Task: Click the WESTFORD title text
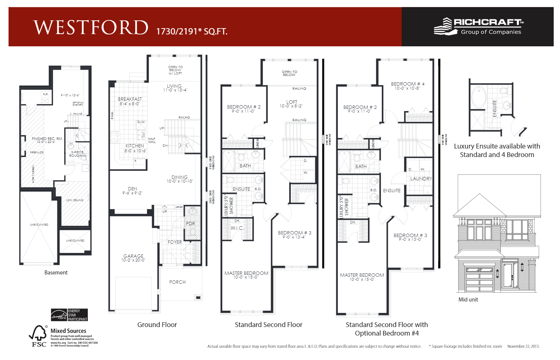click(91, 27)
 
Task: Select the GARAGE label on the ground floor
click(133, 256)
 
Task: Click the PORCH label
click(177, 282)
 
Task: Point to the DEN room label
click(132, 189)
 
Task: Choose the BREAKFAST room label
click(130, 99)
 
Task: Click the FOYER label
click(174, 242)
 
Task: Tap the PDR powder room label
click(190, 223)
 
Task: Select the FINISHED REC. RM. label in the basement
click(47, 139)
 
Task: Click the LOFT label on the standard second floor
click(291, 102)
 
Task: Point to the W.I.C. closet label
click(237, 228)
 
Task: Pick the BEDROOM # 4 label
click(407, 84)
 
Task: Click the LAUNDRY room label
click(421, 179)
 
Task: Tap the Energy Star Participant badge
click(69, 315)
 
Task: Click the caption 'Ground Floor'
click(157, 325)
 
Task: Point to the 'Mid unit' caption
click(468, 300)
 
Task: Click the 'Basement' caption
click(56, 273)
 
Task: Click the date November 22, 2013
click(523, 346)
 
